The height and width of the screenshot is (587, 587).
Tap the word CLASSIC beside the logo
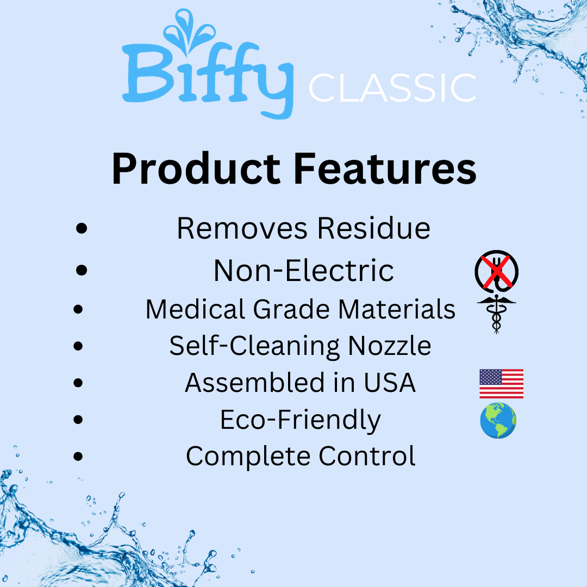392,89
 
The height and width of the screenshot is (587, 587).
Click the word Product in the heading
196,170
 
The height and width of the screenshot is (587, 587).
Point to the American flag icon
501,383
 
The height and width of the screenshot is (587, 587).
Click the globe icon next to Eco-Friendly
498,421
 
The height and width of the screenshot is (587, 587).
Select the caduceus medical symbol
496,314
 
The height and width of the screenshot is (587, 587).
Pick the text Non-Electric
303,270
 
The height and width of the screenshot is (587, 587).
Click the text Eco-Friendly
300,420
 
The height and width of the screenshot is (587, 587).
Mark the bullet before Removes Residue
82,228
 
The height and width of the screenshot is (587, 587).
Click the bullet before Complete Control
79,457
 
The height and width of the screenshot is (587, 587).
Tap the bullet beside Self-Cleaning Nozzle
79,346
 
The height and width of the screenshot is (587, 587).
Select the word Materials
396,309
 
